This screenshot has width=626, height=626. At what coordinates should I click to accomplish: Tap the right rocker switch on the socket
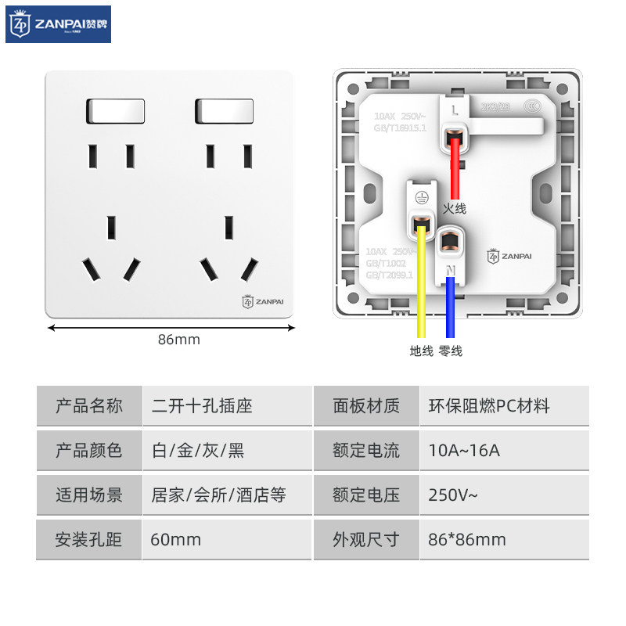pos(225,111)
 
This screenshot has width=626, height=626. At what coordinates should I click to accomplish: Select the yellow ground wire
pos(422,282)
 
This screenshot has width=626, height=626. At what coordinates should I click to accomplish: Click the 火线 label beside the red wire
pos(454,208)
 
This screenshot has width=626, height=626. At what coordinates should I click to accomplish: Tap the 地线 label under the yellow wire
pos(421,351)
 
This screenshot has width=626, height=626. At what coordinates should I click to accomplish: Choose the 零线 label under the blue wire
pos(451,351)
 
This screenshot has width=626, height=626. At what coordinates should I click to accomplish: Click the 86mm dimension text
pos(179,340)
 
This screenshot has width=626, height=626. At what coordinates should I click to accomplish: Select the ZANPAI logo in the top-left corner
pos(59,24)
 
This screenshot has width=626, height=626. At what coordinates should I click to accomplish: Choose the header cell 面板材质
pos(366,406)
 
